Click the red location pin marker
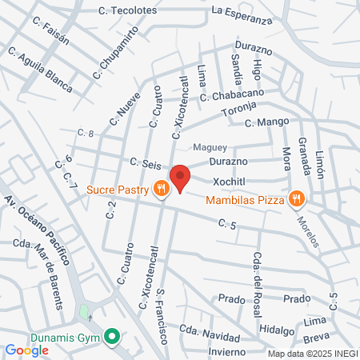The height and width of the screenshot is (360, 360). [x=181, y=178]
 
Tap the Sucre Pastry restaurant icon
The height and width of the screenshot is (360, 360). [x=162, y=189]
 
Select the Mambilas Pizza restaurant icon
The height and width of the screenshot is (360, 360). [x=296, y=198]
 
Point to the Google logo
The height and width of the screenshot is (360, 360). [x=26, y=350]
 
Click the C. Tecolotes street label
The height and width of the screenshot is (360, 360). [x=127, y=10]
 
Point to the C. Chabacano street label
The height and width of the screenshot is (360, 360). [x=238, y=95]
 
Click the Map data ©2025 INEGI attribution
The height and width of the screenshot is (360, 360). [x=313, y=354]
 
